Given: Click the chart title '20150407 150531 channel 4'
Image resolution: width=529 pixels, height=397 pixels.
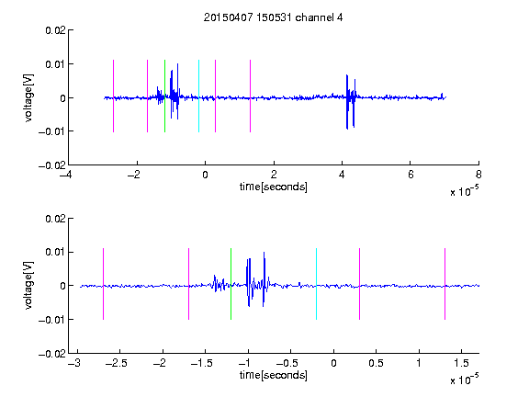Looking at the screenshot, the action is [x=273, y=17].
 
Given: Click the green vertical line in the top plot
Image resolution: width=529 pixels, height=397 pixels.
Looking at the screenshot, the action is [x=164, y=96].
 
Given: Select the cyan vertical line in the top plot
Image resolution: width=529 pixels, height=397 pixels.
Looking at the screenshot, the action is [x=198, y=96].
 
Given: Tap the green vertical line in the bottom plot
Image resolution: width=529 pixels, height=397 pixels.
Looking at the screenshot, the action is [x=231, y=284].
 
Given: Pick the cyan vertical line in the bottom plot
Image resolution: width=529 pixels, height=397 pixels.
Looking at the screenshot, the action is [x=316, y=284].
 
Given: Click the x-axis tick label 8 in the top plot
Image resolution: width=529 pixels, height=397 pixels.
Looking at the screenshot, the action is [x=478, y=175].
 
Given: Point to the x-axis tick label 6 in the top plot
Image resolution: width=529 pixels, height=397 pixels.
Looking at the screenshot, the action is [x=411, y=175].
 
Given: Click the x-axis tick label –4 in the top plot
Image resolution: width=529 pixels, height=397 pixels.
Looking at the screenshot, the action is [x=65, y=175].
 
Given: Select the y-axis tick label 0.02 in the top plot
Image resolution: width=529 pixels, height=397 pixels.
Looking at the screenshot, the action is [x=55, y=30].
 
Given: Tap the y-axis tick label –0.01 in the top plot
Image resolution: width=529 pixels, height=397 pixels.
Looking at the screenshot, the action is [x=52, y=131].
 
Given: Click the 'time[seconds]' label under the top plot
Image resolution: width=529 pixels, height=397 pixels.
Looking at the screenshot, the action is [x=274, y=187].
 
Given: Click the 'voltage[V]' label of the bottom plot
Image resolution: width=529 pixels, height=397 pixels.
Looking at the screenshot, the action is [x=28, y=285].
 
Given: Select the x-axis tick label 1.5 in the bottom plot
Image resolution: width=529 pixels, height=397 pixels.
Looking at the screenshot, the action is [x=461, y=363].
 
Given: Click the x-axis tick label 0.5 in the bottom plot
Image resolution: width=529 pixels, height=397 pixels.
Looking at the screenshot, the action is [x=376, y=363].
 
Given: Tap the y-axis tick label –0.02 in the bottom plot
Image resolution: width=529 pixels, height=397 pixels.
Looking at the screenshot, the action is [x=52, y=354].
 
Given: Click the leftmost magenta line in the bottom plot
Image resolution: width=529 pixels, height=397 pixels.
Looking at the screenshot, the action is [x=103, y=284].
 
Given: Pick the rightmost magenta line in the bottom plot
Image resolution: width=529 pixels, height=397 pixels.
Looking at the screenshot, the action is [x=445, y=284].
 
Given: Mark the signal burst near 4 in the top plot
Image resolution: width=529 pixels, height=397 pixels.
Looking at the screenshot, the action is [x=351, y=101].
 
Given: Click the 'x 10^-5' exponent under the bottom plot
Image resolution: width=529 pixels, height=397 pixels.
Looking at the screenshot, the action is [x=464, y=380].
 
